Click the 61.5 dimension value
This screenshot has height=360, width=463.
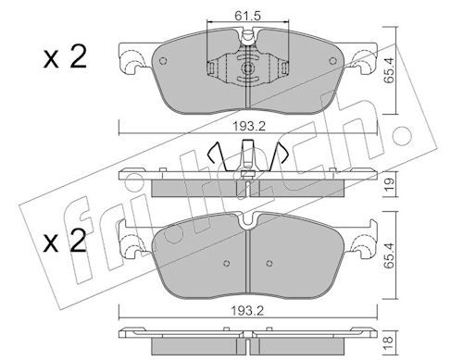point(247,16)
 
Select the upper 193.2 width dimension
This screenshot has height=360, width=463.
point(249,126)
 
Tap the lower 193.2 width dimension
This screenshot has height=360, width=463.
point(248,311)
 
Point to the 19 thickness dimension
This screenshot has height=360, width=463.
point(389,184)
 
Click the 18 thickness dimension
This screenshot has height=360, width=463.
point(389,340)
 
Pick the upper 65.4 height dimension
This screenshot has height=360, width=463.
point(389,70)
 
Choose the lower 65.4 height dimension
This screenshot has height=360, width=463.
point(389,255)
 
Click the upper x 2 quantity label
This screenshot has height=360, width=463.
point(65,57)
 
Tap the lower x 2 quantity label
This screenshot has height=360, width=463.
point(65,242)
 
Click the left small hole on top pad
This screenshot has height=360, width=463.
point(163,61)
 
